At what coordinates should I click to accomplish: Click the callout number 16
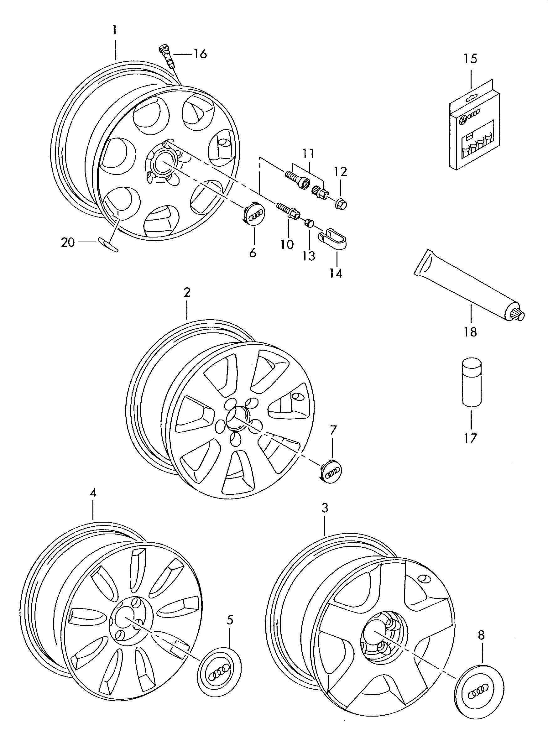(x=200, y=53)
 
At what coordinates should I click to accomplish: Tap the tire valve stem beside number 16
(x=167, y=55)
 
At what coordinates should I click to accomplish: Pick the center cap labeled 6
(x=254, y=214)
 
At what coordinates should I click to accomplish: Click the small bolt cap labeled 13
(x=309, y=223)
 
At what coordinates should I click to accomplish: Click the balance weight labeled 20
(x=108, y=244)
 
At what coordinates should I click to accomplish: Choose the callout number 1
(x=114, y=30)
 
